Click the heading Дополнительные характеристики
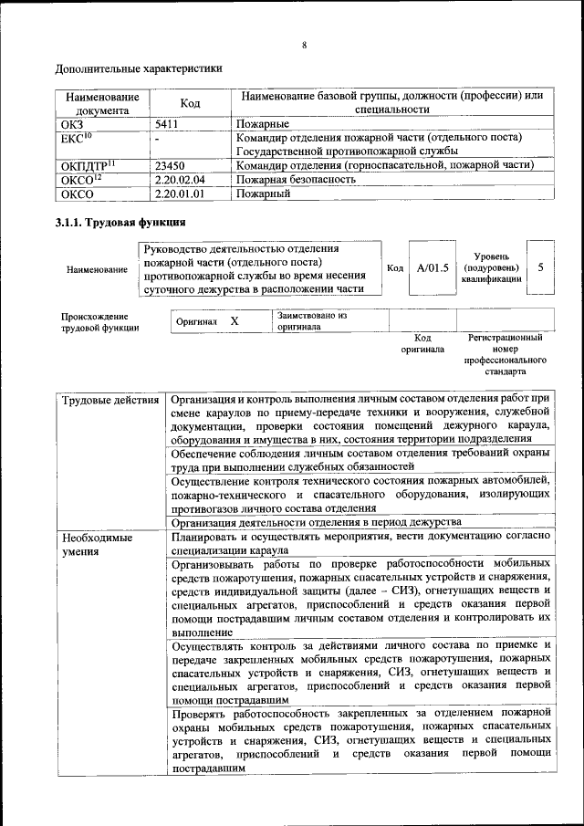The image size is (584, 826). pos(138,68)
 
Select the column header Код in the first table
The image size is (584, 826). pos(190,103)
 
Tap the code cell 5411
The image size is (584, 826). pos(167,122)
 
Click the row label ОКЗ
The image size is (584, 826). pos(71,122)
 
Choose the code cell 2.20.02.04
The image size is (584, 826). pos(180,180)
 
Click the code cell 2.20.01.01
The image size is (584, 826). pos(180,194)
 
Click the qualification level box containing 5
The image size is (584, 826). pos(541,268)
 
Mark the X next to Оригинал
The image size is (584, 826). pos(235,322)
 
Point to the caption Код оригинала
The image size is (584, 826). pos(422,343)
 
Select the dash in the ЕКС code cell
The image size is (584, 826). pos(157,138)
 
